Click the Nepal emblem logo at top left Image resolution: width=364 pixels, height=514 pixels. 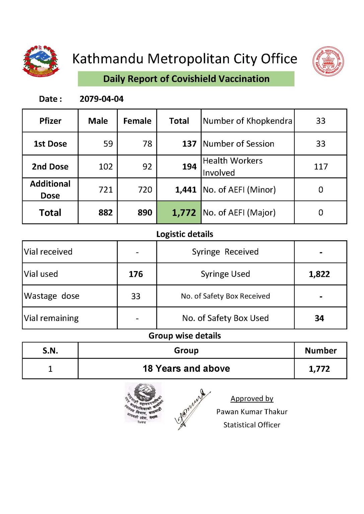41,61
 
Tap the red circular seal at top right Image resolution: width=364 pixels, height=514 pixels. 328,61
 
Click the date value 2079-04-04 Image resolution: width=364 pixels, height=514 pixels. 101,99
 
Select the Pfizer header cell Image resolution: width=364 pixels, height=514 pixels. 50,121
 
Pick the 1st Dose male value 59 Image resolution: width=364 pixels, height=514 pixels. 108,144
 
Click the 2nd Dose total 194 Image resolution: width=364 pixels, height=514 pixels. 189,167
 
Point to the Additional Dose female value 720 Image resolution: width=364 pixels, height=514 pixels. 145,190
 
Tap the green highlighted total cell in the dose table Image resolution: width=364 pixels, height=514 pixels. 179,212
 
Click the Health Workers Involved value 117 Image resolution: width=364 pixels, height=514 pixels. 320,167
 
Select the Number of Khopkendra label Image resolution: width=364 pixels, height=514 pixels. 247,121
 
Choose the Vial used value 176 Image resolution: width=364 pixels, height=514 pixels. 136,274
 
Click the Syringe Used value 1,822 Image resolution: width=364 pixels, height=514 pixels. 319,274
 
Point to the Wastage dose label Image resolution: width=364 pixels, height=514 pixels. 52,296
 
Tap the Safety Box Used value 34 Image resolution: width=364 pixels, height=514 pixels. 319,319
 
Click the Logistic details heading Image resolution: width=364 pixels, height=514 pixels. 185,234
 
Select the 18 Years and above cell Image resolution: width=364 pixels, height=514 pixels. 186,369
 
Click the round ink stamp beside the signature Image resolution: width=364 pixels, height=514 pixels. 144,403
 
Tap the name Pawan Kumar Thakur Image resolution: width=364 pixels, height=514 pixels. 252,412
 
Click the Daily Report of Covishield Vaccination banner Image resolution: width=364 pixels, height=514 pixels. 186,79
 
